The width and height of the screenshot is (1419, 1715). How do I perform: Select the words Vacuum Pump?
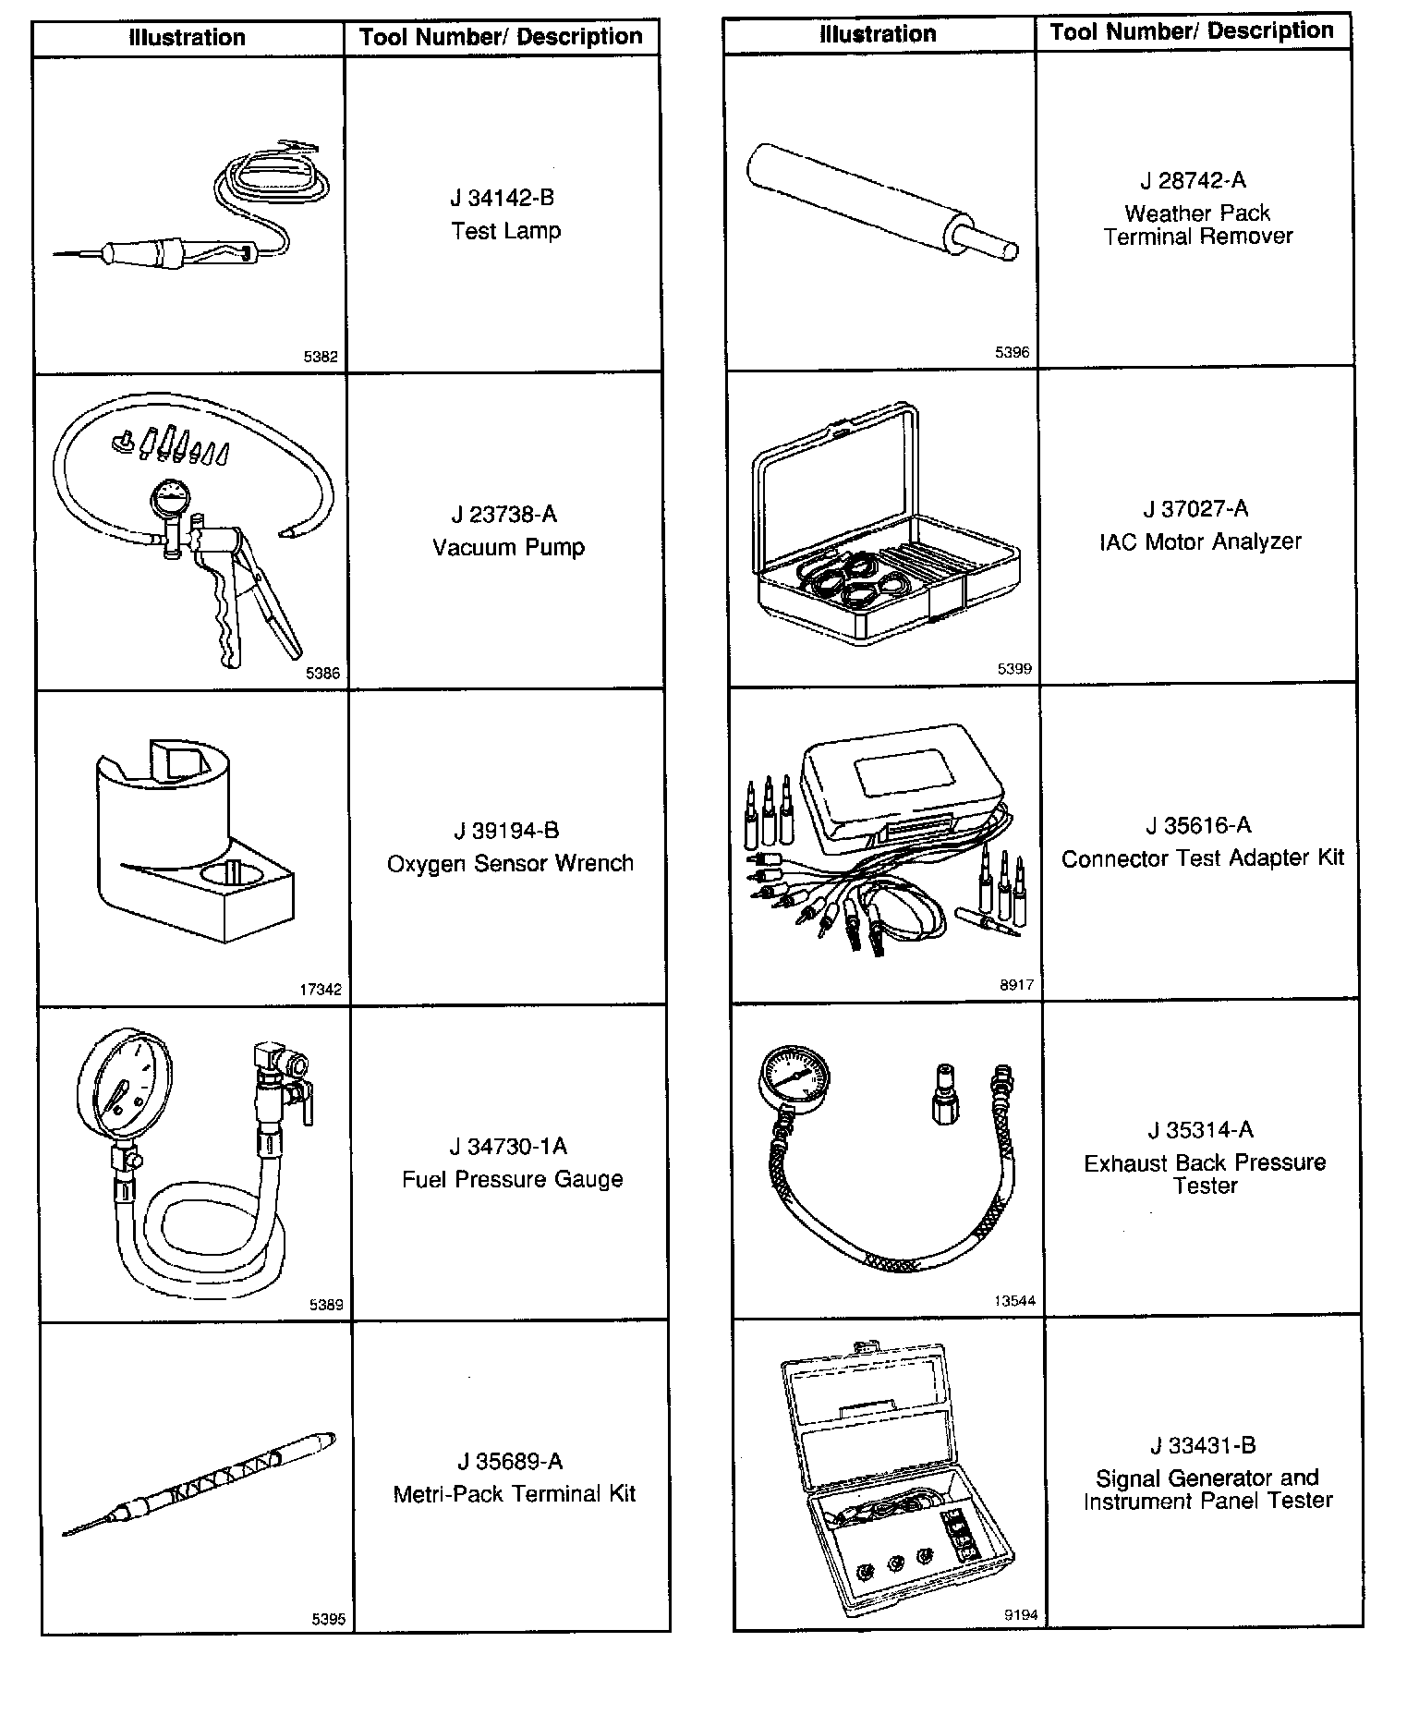[508, 547]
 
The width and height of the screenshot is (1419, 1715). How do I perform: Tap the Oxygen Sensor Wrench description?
[510, 863]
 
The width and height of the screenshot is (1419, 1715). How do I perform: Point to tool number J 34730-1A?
[508, 1147]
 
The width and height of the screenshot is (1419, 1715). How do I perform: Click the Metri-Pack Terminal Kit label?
[514, 1494]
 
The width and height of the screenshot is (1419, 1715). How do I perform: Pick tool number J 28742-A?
[1193, 180]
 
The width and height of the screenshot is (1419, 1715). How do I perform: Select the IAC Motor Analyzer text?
[1200, 541]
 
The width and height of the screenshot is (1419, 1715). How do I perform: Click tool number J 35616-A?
[1198, 825]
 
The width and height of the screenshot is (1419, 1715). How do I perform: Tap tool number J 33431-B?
[1203, 1445]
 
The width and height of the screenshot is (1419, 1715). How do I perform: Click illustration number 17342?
[321, 990]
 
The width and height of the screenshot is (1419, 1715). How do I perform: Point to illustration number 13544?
[1014, 1301]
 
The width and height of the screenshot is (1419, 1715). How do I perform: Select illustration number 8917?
[1016, 985]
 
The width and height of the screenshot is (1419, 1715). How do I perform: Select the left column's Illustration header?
[188, 38]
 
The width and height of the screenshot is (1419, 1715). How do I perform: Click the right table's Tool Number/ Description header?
[1192, 31]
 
